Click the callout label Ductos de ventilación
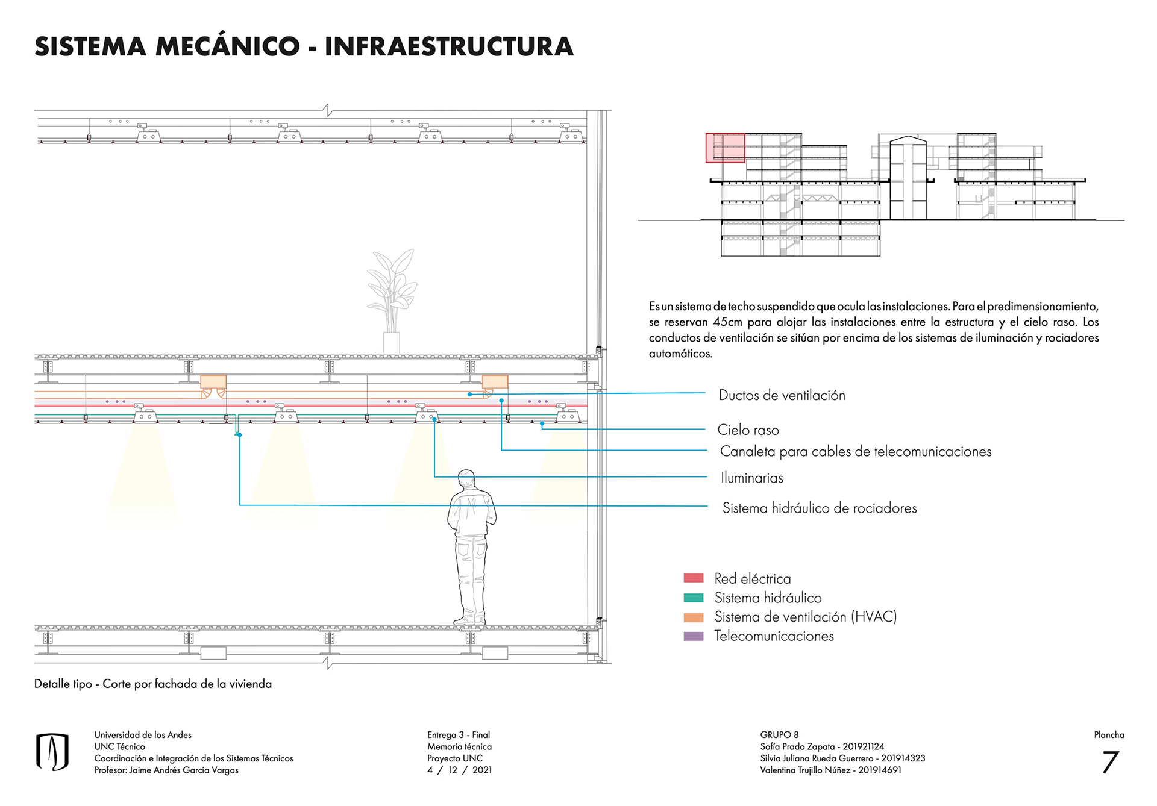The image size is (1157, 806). click(782, 395)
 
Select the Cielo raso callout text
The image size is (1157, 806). click(748, 430)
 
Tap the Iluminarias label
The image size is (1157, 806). click(751, 478)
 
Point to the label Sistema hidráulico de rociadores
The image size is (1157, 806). click(819, 508)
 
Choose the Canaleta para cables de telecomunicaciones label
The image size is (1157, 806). click(855, 452)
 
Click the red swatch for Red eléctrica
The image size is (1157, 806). click(694, 578)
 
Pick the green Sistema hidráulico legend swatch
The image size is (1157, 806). click(694, 598)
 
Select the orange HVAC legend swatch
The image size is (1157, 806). click(694, 617)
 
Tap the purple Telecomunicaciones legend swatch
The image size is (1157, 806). click(694, 636)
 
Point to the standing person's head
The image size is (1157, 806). click(465, 480)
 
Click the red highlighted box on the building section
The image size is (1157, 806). click(725, 148)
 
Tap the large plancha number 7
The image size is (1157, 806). click(1110, 762)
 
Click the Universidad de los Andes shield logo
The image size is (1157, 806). click(52, 752)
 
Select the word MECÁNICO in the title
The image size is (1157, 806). click(227, 47)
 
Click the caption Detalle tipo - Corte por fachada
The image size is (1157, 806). click(152, 684)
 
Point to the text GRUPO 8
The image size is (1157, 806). click(779, 735)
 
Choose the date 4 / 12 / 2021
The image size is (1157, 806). click(459, 770)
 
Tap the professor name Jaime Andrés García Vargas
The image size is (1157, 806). click(184, 770)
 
